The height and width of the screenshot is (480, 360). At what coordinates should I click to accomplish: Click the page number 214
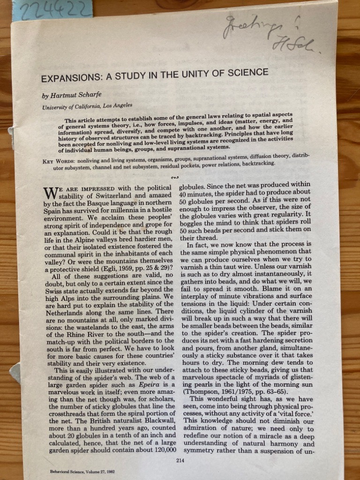[x=179, y=461]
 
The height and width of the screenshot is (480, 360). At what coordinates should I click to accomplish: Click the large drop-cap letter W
[x=50, y=193]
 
